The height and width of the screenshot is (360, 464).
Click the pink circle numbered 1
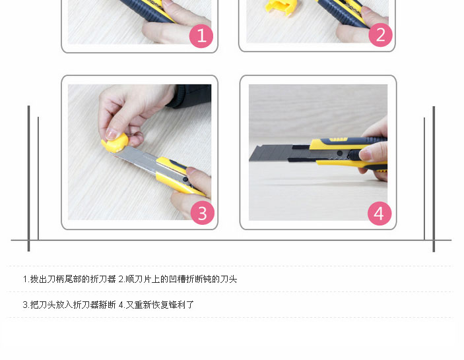tap(201, 36)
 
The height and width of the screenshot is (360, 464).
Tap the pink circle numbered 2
tap(381, 34)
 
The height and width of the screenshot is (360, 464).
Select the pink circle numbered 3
tap(203, 213)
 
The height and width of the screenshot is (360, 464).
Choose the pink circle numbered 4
tap(380, 213)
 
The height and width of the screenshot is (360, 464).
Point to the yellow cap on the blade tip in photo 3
tap(115, 143)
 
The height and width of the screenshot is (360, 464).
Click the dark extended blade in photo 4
tap(278, 153)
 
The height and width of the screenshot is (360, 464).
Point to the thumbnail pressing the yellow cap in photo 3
tap(112, 134)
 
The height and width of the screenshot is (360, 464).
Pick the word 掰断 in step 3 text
tap(107, 305)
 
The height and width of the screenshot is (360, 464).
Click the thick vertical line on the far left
tap(28, 179)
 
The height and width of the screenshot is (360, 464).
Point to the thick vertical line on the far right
tap(434, 179)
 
